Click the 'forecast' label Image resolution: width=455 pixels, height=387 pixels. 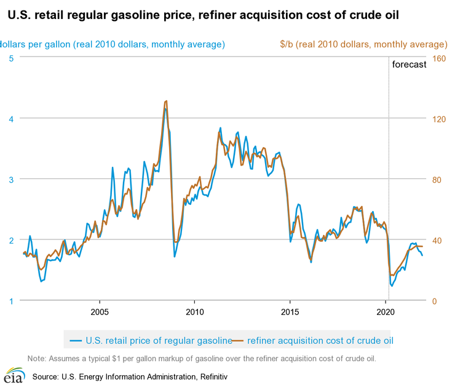pos(409,65)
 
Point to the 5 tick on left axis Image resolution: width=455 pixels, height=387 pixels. pos(12,58)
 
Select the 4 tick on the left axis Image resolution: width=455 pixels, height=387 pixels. pos(12,118)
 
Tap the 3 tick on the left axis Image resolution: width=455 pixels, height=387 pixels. pos(12,179)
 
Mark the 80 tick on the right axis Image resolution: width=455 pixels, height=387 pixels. pos(439,179)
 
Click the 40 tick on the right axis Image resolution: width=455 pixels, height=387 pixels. pos(439,240)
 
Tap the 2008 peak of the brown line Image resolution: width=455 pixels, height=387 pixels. pos(167,101)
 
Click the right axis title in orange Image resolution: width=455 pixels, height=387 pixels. pos(363,44)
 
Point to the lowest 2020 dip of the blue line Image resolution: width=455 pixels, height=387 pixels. pos(392,285)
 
